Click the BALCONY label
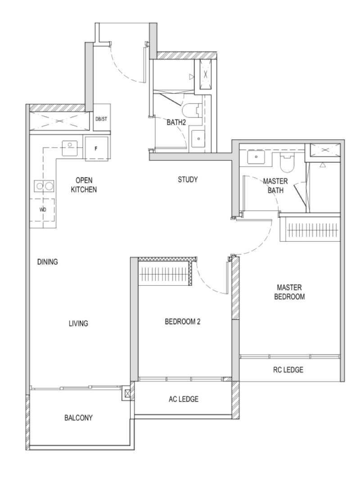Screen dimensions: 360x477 78,418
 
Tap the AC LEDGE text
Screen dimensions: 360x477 184,399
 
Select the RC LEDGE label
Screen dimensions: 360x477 288,369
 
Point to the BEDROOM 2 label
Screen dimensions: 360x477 183,322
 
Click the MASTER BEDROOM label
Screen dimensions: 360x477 289,292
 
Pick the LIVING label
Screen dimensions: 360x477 78,324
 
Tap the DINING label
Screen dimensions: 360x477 47,261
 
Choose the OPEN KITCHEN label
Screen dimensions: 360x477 84,184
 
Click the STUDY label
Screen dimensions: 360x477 188,180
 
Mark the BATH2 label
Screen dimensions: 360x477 176,122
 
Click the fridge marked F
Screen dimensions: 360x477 96,148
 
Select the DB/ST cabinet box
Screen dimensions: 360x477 101,118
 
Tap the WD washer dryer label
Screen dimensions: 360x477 43,210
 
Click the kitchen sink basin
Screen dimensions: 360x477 70,148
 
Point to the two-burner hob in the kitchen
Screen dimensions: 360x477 44,185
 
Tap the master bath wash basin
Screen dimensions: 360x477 256,157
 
